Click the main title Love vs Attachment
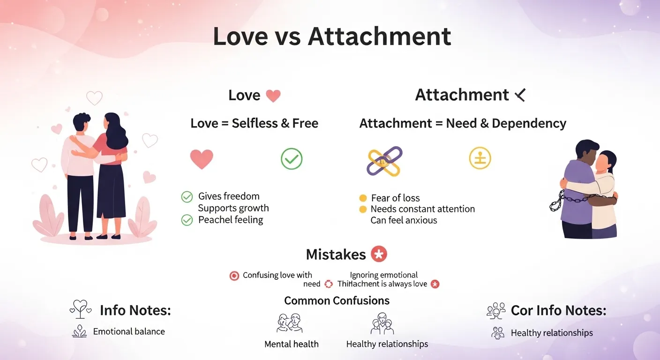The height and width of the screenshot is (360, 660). (x=332, y=37)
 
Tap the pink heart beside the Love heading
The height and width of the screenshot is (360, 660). (x=273, y=96)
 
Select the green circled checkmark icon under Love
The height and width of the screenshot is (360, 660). (x=292, y=159)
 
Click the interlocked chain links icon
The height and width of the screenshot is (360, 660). (x=384, y=161)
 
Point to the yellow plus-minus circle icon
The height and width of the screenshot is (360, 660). (x=480, y=158)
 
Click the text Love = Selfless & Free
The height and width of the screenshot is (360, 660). (x=254, y=124)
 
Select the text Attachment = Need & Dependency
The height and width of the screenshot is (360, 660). (x=463, y=124)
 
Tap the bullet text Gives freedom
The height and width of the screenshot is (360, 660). (x=228, y=196)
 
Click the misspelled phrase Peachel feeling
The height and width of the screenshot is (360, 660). (x=230, y=220)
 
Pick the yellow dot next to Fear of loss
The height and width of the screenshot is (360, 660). (x=363, y=198)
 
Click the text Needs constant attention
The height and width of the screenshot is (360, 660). (x=422, y=209)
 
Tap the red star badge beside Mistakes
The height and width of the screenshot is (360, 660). (x=379, y=254)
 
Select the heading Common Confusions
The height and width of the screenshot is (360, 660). (x=337, y=300)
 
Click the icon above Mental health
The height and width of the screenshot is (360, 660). (x=289, y=323)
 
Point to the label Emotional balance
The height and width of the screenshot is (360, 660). (x=129, y=331)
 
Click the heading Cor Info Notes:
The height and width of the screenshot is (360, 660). (x=558, y=310)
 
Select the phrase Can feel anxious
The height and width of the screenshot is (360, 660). (x=404, y=220)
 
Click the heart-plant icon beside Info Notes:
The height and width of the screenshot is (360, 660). (x=80, y=309)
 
